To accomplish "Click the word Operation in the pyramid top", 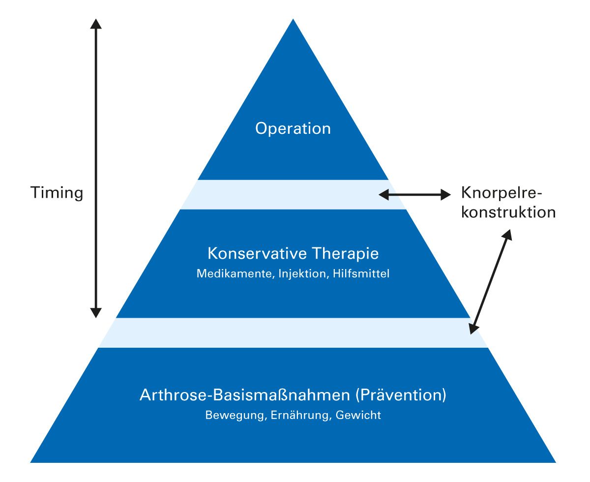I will click(x=293, y=129).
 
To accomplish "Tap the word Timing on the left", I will click(x=57, y=192).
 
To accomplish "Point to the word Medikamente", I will click(x=234, y=273).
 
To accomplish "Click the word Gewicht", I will click(x=358, y=415).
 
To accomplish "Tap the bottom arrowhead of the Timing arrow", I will click(x=96, y=313).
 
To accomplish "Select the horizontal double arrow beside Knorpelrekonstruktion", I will click(x=414, y=195).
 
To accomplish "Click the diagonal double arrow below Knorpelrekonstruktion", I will click(x=490, y=283).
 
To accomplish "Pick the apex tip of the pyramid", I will click(x=294, y=21).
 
